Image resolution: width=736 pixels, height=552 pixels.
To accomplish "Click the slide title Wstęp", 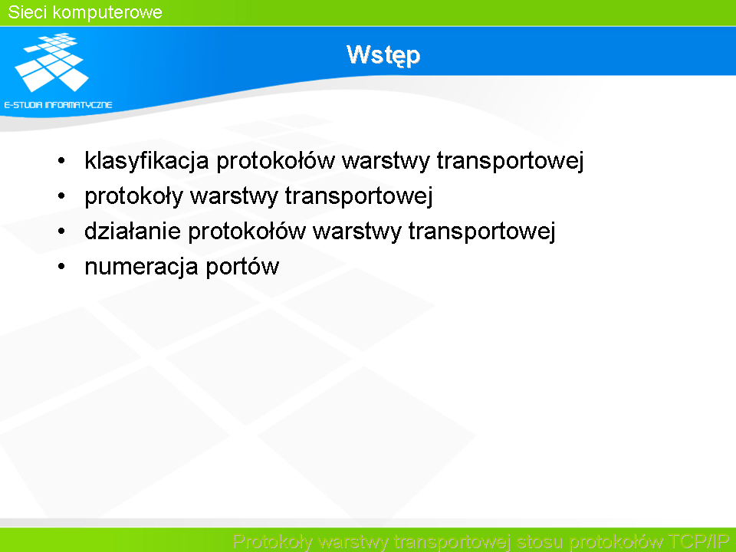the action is [x=383, y=55].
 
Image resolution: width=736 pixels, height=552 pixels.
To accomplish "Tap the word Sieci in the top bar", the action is [x=28, y=12].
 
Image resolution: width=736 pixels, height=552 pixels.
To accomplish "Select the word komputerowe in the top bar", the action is [x=107, y=13].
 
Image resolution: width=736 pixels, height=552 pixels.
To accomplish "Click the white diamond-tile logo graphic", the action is [x=51, y=62].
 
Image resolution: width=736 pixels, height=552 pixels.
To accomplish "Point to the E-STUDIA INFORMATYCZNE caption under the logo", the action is [x=58, y=105].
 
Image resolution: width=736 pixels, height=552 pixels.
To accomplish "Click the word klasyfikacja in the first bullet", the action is [x=146, y=161].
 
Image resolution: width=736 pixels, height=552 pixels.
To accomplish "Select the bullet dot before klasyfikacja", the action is [x=61, y=161].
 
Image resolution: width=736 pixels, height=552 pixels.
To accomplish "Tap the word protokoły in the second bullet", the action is [x=133, y=196].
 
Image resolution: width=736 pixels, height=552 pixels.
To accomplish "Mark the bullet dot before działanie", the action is [x=61, y=231].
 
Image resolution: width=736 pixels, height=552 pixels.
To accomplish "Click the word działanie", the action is [x=133, y=231].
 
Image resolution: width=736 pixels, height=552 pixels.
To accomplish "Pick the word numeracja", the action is [x=141, y=267].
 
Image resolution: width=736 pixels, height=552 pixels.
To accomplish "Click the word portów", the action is [x=242, y=267].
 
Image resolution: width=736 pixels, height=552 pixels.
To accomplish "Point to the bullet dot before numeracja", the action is [x=61, y=267].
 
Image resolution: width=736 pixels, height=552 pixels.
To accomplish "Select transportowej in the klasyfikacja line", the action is [x=511, y=161].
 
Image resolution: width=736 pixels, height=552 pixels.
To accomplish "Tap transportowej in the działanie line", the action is [x=481, y=232].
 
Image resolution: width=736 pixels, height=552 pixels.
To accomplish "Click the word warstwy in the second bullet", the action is [x=235, y=196].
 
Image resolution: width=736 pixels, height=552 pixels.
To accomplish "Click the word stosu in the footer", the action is [x=539, y=542].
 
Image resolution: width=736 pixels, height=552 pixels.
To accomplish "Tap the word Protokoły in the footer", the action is [x=272, y=542].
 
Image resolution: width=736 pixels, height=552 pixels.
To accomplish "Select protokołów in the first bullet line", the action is [x=275, y=161].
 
